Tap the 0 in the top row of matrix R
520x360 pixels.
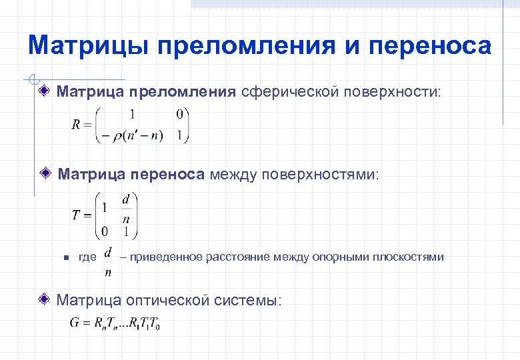click(179, 115)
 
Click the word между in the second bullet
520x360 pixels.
click(235, 175)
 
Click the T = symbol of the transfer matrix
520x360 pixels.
click(81, 215)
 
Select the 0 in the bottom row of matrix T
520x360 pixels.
click(104, 232)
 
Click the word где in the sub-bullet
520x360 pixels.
click(87, 257)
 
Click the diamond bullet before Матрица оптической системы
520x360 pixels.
click(45, 300)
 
